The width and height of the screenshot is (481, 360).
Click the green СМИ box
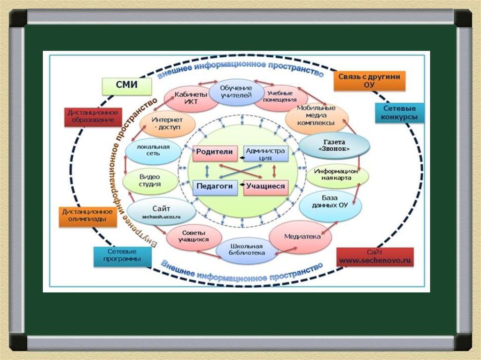127,86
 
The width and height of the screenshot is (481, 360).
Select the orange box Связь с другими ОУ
369,81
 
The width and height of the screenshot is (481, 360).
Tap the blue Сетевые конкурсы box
400,113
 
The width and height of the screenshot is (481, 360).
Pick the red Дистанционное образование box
93,116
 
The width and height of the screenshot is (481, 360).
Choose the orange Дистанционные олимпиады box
87,216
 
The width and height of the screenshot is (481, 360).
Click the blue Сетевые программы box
122,256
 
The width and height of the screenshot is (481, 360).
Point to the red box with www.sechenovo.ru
375,257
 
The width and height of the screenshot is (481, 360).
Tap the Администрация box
266,153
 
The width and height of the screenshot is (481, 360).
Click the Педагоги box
215,187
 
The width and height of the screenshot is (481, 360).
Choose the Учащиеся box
266,187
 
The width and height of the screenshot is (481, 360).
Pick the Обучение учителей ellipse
236,92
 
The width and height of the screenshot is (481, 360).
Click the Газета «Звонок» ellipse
334,146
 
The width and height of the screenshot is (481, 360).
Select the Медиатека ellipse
300,237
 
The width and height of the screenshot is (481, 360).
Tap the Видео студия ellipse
150,181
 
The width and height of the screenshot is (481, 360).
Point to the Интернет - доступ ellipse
168,124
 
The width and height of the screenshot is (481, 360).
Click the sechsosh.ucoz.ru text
162,217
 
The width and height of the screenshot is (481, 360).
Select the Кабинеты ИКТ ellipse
191,98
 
